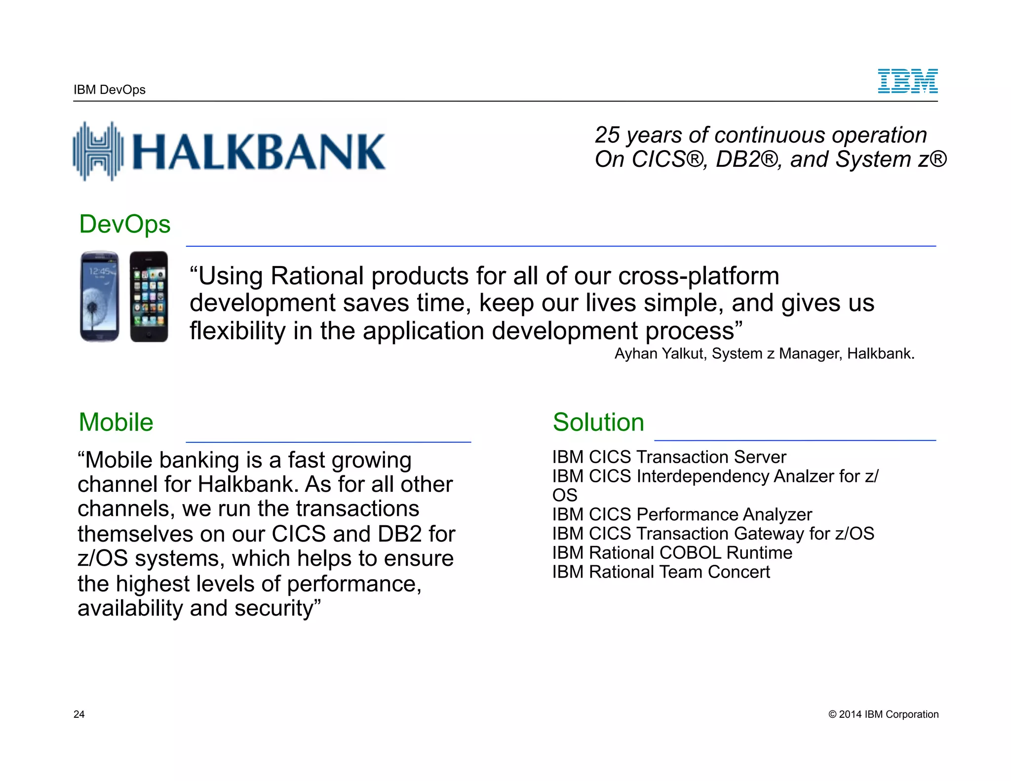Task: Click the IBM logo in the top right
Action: [x=907, y=81]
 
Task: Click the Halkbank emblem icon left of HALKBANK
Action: [x=98, y=151]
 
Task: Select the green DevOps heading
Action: [x=124, y=224]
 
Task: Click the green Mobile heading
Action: [x=116, y=423]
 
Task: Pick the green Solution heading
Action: [x=598, y=423]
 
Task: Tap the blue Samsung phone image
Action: [x=100, y=296]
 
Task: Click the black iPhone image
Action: [x=149, y=296]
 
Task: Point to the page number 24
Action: [x=79, y=714]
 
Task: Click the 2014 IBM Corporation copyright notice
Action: [x=883, y=714]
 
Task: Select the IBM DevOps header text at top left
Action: [x=110, y=90]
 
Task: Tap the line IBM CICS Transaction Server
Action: [x=669, y=457]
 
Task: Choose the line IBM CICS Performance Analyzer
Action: [x=682, y=514]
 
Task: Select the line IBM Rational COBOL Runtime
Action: [x=672, y=553]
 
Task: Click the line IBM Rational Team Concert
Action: [x=661, y=572]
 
